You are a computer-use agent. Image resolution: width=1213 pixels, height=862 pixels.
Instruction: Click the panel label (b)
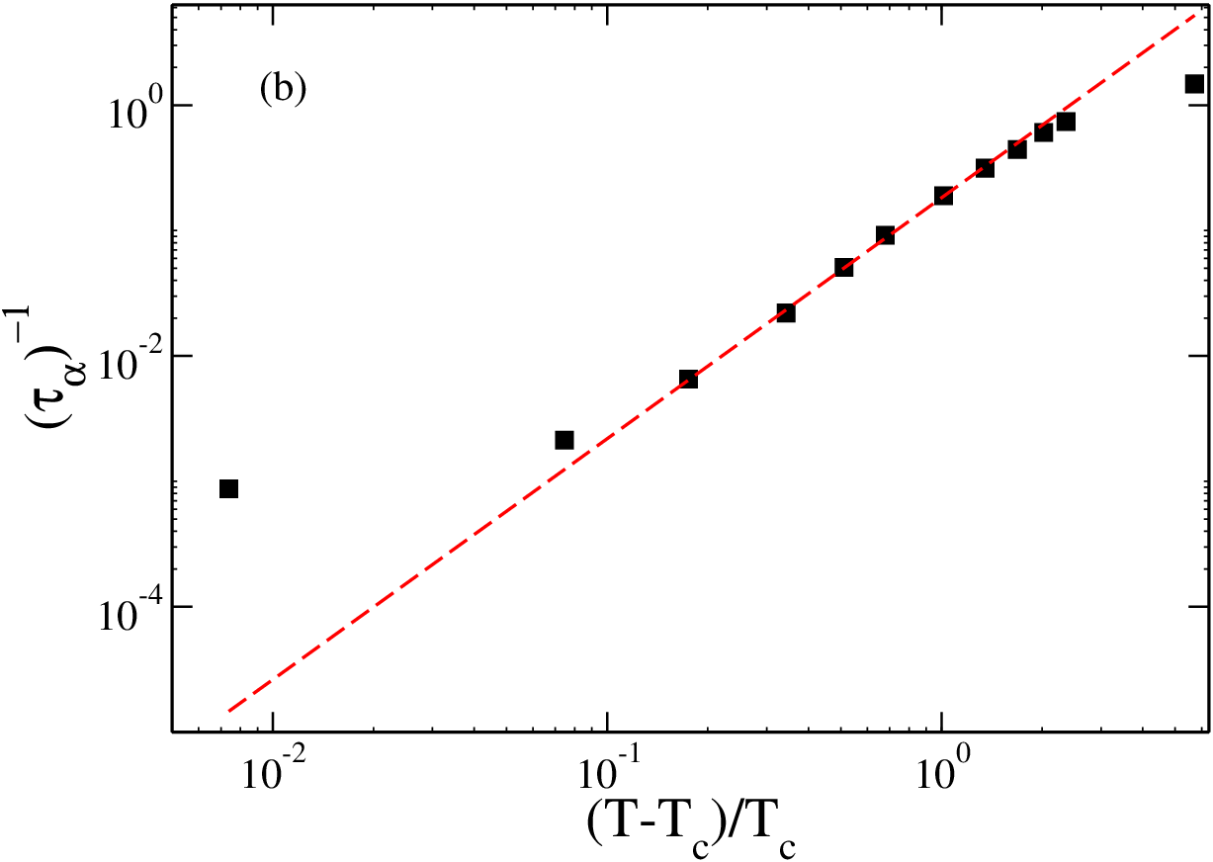[283, 89]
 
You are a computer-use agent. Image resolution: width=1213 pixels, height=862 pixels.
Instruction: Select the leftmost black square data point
[229, 488]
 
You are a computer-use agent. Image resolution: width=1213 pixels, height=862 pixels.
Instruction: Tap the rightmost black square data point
[1194, 84]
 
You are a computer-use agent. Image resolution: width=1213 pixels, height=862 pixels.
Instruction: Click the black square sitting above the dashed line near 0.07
[564, 440]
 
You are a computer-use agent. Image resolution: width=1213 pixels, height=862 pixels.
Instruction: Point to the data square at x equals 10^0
[943, 195]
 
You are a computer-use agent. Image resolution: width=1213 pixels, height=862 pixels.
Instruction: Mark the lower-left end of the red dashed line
[229, 711]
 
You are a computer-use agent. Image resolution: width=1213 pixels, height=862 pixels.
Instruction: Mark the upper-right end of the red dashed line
[1195, 15]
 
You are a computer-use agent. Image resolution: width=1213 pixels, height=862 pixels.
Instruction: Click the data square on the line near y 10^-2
[688, 379]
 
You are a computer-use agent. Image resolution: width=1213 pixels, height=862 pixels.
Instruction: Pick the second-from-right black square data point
[1066, 122]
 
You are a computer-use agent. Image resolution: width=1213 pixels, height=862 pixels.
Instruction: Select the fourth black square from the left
[786, 312]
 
